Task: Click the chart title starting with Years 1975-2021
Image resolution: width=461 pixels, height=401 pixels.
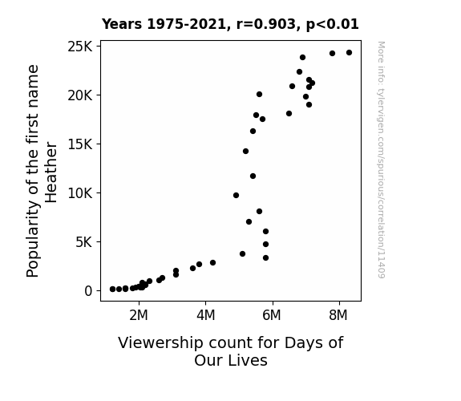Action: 230,24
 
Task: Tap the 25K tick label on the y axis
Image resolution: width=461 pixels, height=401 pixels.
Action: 80,47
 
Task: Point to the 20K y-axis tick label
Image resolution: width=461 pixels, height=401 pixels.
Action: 80,95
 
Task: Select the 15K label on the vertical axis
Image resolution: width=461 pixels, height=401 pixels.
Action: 80,144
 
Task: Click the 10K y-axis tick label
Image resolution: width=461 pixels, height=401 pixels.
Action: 80,193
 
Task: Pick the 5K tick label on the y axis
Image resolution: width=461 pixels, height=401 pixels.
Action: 84,242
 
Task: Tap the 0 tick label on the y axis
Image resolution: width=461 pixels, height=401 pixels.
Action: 88,291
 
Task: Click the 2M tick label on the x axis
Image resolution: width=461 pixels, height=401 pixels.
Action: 139,315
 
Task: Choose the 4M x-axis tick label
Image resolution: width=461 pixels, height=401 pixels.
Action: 206,315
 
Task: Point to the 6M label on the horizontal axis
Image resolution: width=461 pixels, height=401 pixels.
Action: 272,315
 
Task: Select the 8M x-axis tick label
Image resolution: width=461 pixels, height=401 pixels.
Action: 338,315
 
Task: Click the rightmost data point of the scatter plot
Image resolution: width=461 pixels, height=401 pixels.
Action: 349,53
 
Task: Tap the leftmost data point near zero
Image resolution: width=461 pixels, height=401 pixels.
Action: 112,290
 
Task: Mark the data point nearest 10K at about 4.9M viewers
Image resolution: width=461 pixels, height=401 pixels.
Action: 236,196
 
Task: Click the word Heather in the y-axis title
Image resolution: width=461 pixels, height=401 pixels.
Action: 51,172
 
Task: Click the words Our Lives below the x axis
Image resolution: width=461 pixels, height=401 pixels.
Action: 231,360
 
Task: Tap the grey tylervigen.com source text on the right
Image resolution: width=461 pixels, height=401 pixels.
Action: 381,160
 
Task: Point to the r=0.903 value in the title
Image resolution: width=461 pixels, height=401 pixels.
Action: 266,24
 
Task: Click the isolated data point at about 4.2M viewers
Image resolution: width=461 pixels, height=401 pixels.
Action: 212,263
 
